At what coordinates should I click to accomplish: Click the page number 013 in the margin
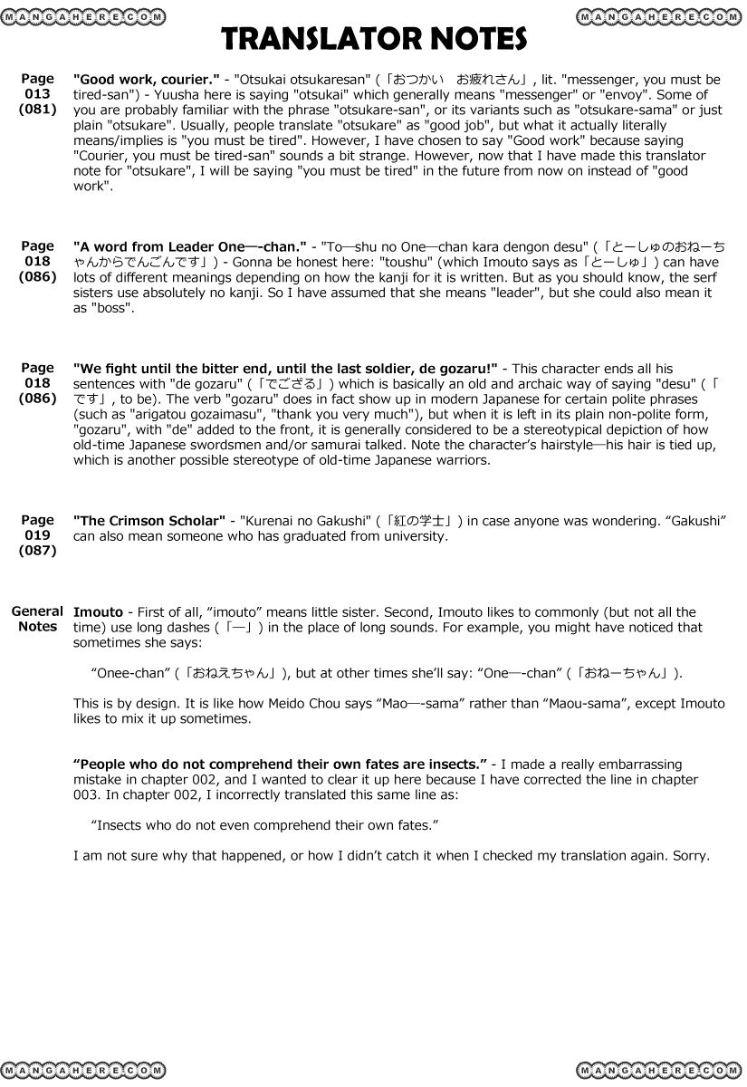[x=37, y=94]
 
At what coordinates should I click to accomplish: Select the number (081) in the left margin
[x=37, y=110]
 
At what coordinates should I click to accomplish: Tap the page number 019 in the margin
[x=37, y=535]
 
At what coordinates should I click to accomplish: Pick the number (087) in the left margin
[x=37, y=551]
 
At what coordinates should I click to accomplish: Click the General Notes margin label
[x=37, y=619]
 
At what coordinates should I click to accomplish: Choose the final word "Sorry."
[x=691, y=856]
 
